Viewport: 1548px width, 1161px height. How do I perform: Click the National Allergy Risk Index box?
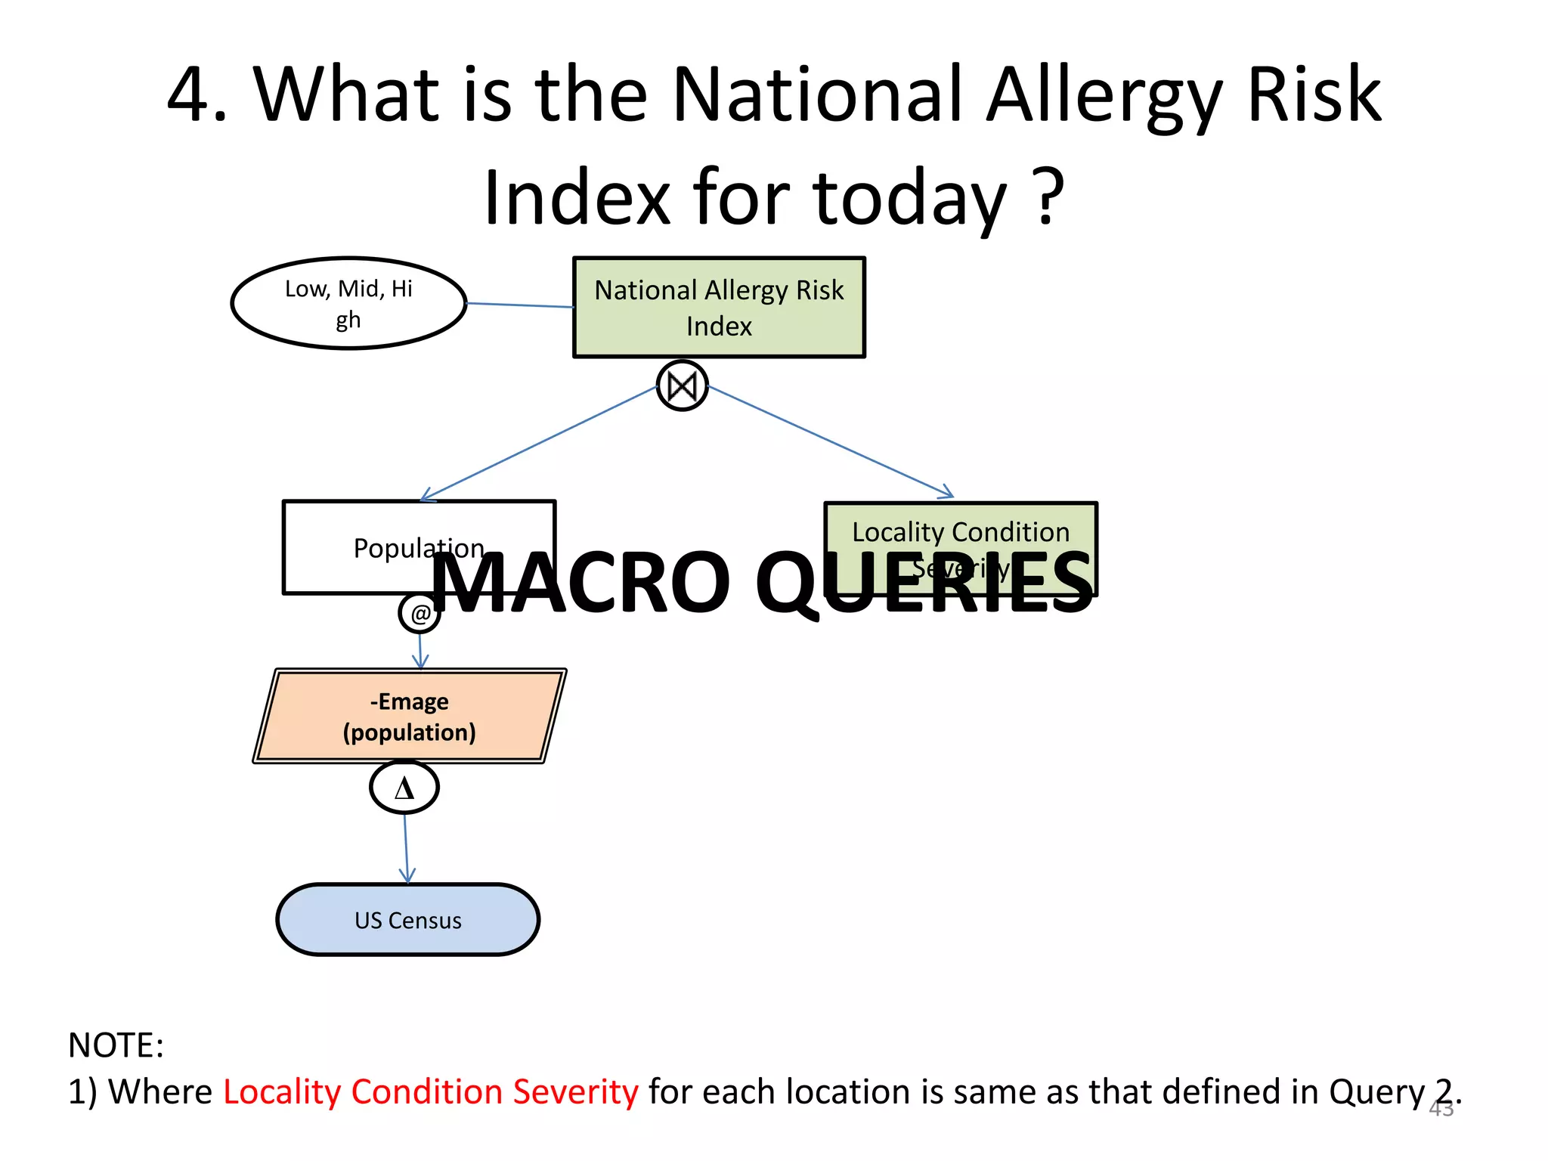click(719, 307)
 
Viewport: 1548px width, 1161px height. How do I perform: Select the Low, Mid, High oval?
click(348, 303)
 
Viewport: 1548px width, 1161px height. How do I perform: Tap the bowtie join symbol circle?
click(683, 386)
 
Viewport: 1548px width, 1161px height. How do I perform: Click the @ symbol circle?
click(420, 613)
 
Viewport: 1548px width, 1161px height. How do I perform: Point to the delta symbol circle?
click(404, 788)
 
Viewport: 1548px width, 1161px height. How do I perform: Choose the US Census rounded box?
click(408, 920)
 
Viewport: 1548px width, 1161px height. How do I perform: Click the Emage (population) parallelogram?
click(410, 716)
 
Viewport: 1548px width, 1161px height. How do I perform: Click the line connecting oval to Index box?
click(520, 305)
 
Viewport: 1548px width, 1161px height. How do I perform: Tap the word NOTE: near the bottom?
click(116, 1045)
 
